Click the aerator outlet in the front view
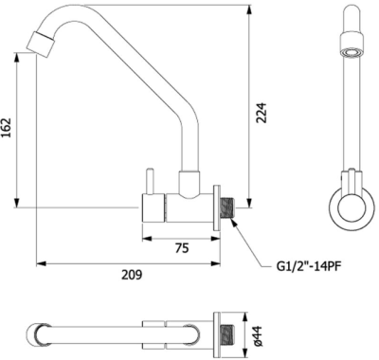pyautogui.click(x=350, y=51)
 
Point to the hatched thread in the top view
pyautogui.click(x=227, y=333)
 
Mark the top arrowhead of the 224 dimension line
pyautogui.click(x=249, y=9)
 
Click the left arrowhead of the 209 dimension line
pyautogui.click(x=39, y=263)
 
